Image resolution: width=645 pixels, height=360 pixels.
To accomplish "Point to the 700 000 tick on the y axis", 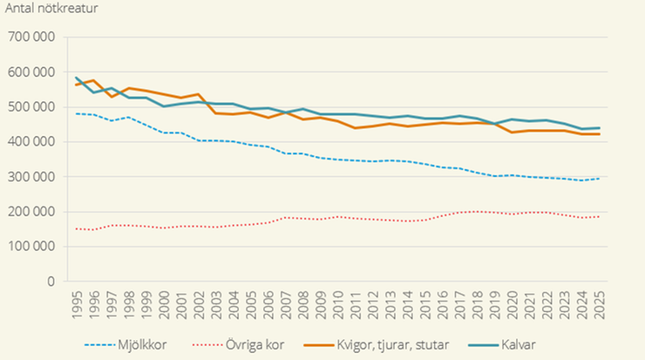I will (x=31, y=37).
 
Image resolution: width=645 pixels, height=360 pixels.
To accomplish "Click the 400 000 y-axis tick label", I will (x=31, y=142).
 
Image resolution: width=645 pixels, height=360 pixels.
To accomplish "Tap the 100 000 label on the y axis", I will (x=31, y=247).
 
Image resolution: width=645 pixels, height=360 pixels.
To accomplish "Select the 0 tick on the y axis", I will (x=51, y=282).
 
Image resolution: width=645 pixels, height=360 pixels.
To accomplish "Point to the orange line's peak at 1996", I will (x=95, y=80).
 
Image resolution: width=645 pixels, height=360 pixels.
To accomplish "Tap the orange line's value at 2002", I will (x=200, y=94).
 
